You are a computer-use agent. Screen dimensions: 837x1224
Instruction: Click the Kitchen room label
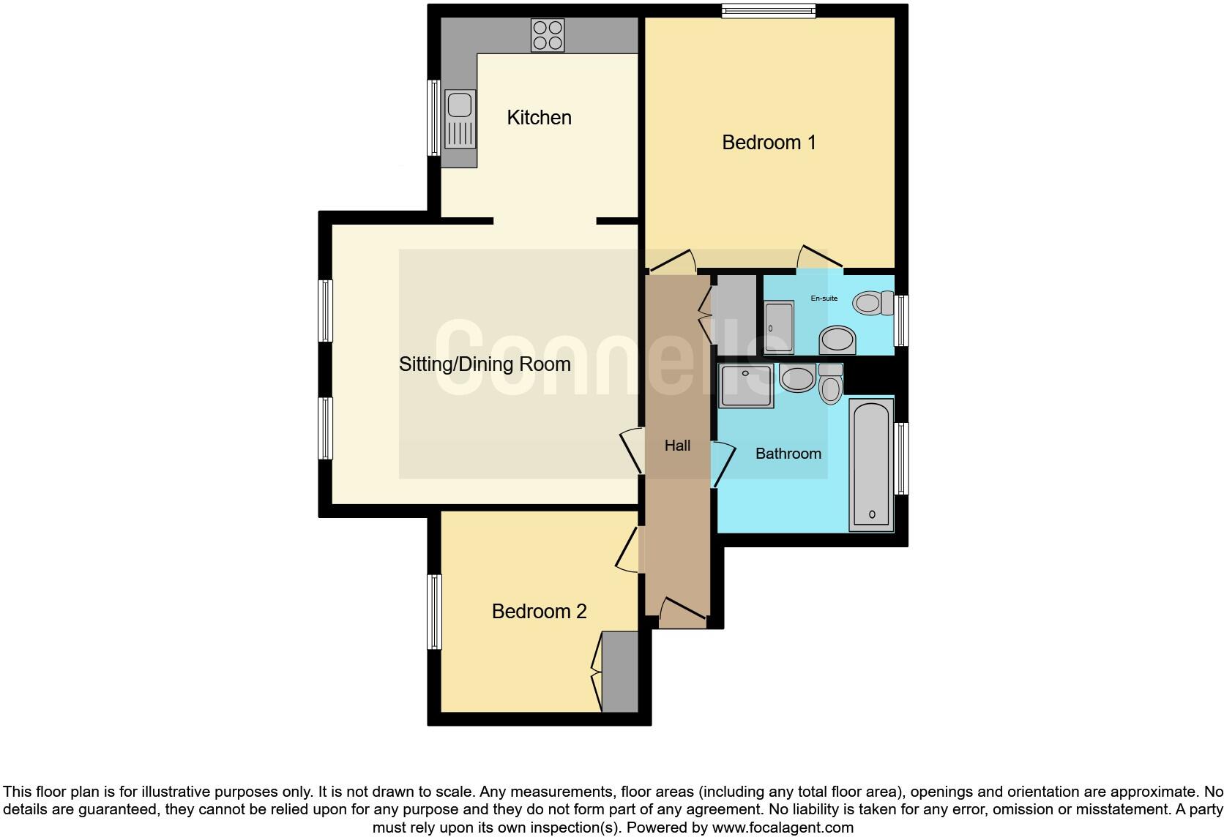coord(539,117)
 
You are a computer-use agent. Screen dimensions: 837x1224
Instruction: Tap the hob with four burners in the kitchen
coord(548,35)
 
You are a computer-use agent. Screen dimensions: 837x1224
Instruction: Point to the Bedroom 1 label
coord(769,142)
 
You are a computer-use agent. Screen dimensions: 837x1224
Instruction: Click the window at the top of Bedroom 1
coord(768,10)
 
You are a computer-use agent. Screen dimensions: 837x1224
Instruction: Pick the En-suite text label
coord(824,299)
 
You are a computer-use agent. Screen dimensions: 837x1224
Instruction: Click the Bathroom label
coord(788,454)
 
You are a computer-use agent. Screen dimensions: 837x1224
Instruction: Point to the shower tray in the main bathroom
coord(746,386)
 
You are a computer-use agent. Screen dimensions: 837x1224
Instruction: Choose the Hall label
coord(677,445)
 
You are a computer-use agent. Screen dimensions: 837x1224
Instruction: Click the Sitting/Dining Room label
coord(485,364)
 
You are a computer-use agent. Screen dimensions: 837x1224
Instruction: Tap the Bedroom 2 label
coord(539,611)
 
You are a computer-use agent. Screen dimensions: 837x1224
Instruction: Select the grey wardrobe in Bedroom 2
coord(619,672)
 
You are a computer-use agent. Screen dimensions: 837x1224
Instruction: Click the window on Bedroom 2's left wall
coord(435,612)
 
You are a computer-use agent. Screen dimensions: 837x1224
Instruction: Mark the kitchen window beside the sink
coord(433,118)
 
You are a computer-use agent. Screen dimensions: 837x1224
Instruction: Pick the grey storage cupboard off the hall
coord(735,315)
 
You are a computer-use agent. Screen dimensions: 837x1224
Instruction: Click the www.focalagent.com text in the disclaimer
coord(783,827)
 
